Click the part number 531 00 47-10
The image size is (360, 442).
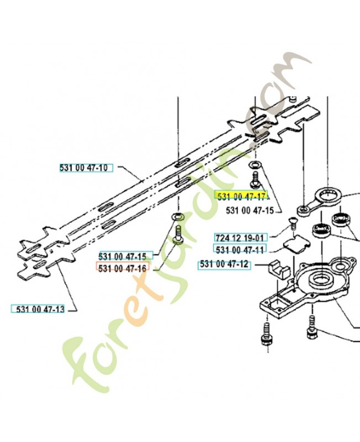tap(84, 168)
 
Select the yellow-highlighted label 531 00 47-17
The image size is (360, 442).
tap(241, 196)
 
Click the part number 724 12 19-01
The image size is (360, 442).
tap(241, 238)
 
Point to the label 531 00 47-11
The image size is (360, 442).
tap(240, 250)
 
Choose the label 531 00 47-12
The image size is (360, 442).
tap(224, 265)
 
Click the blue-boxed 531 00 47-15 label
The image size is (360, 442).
tap(123, 256)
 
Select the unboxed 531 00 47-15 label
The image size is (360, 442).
tap(250, 211)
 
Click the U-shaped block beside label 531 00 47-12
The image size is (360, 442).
tap(278, 270)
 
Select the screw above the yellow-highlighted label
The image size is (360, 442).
tap(256, 180)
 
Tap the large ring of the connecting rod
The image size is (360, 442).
tap(328, 196)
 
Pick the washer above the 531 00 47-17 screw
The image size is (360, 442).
tap(256, 164)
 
